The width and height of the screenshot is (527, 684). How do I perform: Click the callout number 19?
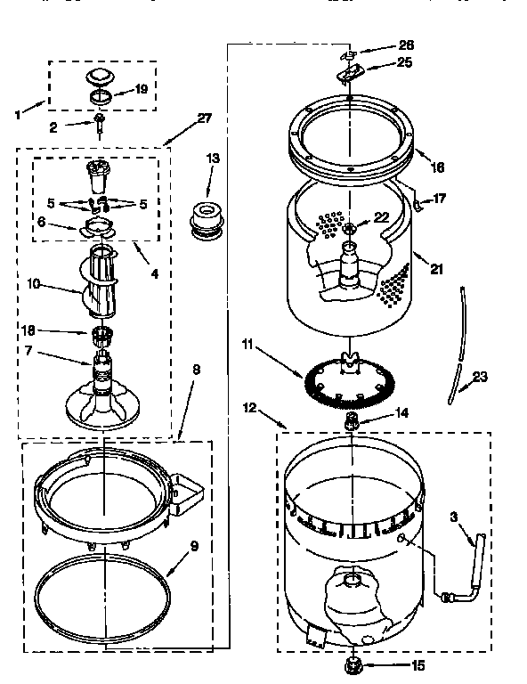(141, 89)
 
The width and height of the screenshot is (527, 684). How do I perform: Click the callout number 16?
(436, 167)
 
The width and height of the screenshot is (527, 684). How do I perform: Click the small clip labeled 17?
(416, 206)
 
